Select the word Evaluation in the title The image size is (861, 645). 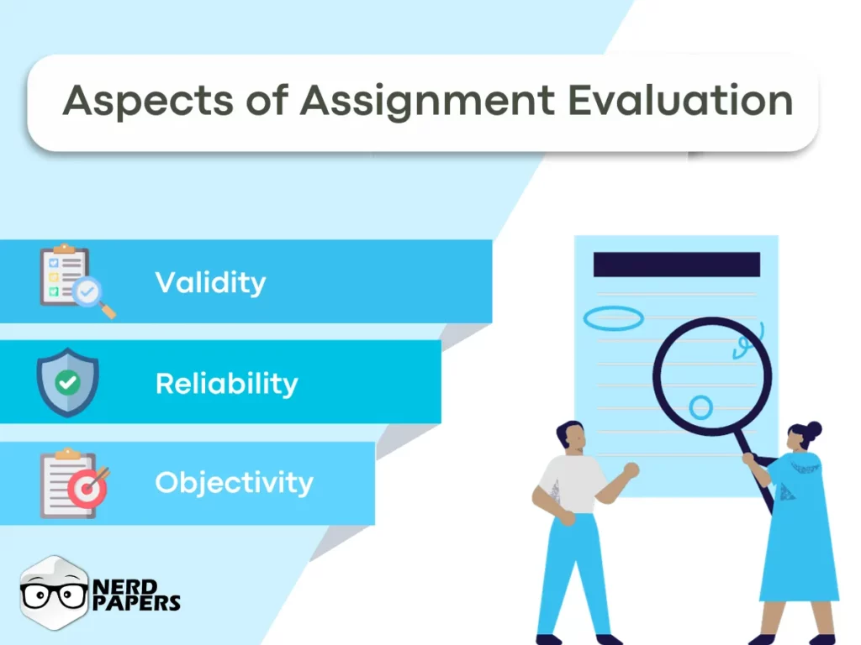coord(680,100)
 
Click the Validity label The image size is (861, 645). coord(210,282)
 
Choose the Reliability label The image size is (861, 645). coord(226,384)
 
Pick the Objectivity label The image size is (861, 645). coord(234,482)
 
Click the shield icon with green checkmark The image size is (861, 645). coord(67,382)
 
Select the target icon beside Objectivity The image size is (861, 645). coord(87,488)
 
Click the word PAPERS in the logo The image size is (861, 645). coord(137,603)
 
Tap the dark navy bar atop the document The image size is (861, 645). coord(676,265)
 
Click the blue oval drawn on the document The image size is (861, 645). coord(613,317)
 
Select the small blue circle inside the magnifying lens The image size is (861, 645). coord(700,407)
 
